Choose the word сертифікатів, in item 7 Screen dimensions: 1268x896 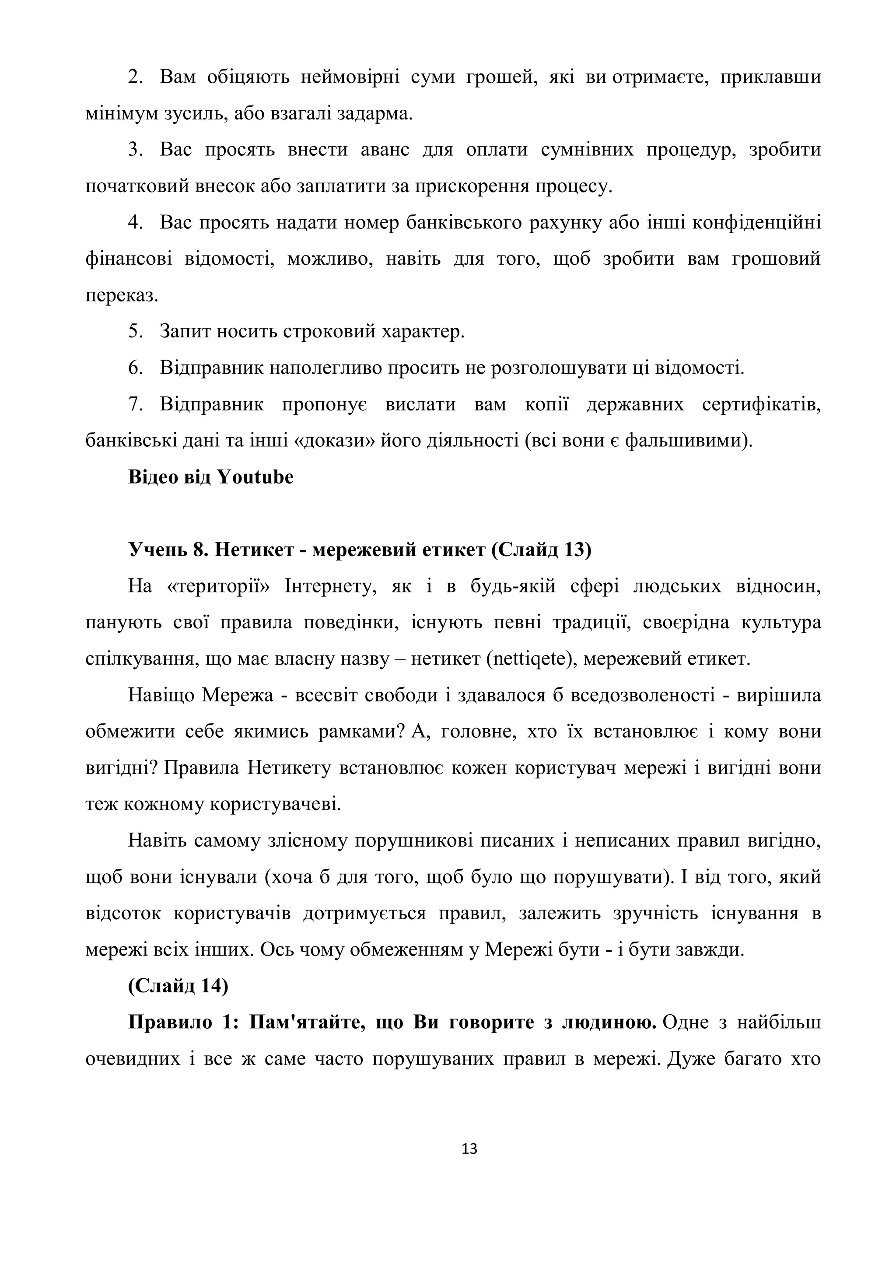761,404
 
